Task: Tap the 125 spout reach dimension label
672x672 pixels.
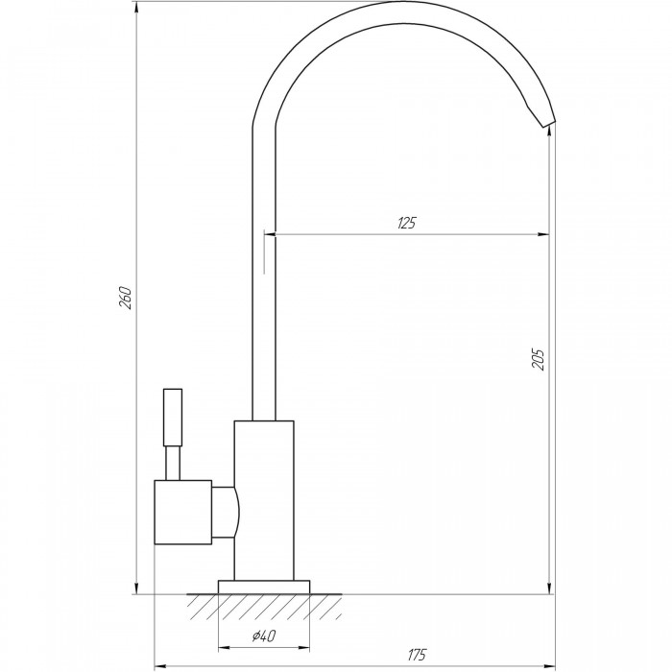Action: click(x=407, y=223)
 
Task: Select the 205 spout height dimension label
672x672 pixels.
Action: click(x=538, y=359)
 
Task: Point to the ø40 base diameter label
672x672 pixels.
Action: click(x=264, y=636)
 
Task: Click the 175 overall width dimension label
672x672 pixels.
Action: click(x=417, y=655)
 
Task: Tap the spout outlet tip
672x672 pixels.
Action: click(x=548, y=123)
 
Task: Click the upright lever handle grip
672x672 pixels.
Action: click(x=173, y=418)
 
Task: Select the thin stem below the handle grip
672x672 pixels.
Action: click(x=173, y=464)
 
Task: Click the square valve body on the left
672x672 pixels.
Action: click(x=183, y=512)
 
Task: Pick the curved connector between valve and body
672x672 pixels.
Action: click(x=226, y=512)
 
